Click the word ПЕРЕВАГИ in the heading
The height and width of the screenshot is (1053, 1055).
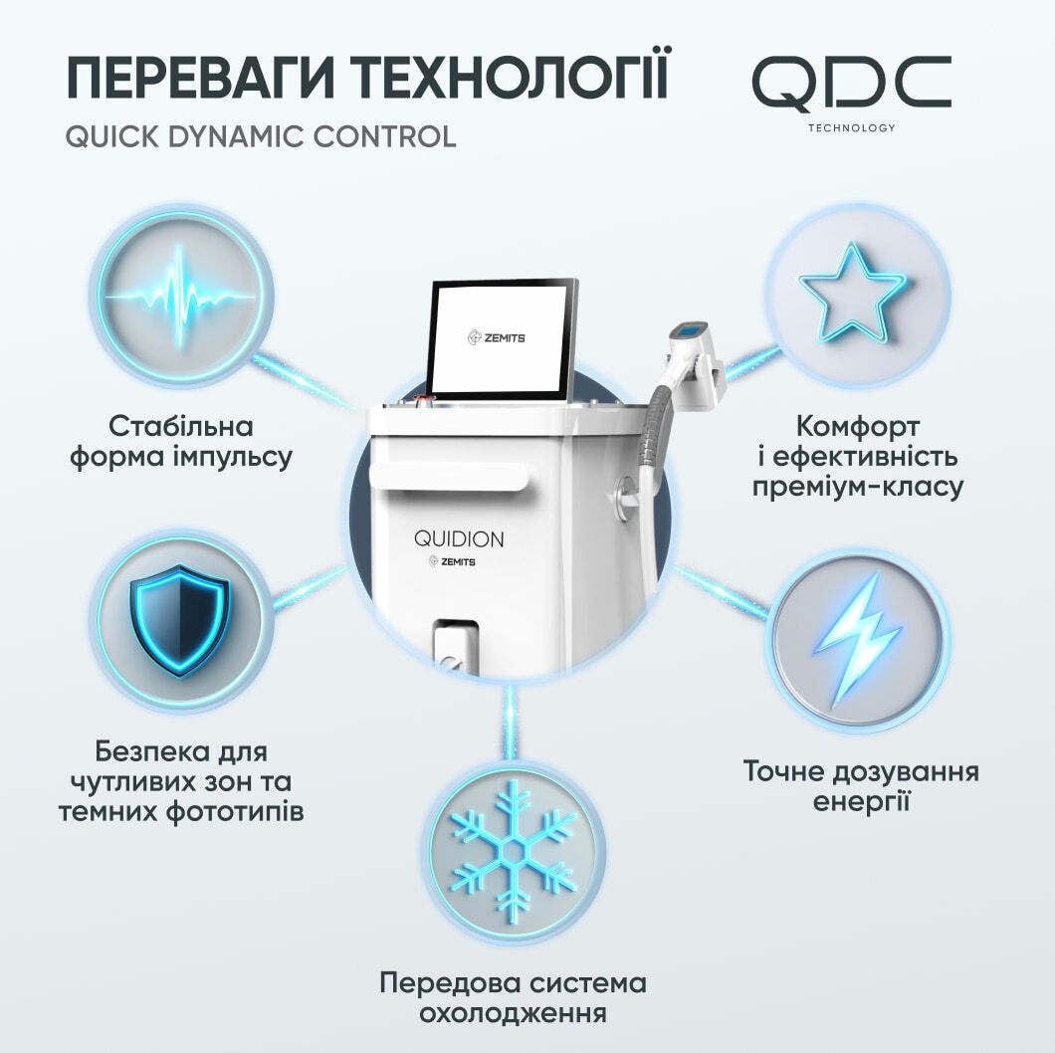(200, 78)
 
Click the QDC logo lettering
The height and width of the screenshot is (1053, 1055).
(851, 84)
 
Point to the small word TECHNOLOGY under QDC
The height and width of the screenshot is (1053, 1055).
(851, 127)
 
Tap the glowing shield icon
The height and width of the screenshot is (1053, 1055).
(179, 620)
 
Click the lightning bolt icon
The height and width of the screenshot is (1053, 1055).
(859, 639)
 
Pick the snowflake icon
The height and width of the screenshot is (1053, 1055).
(514, 853)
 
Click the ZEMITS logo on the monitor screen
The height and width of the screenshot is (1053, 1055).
(496, 337)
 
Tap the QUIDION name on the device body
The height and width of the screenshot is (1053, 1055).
(459, 539)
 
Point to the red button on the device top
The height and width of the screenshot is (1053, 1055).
(425, 402)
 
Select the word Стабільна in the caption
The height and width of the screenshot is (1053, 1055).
(181, 426)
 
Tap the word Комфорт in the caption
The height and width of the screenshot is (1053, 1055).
(858, 427)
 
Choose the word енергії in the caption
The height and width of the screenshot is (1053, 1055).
(861, 803)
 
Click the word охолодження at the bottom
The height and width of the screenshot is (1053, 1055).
(513, 1013)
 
